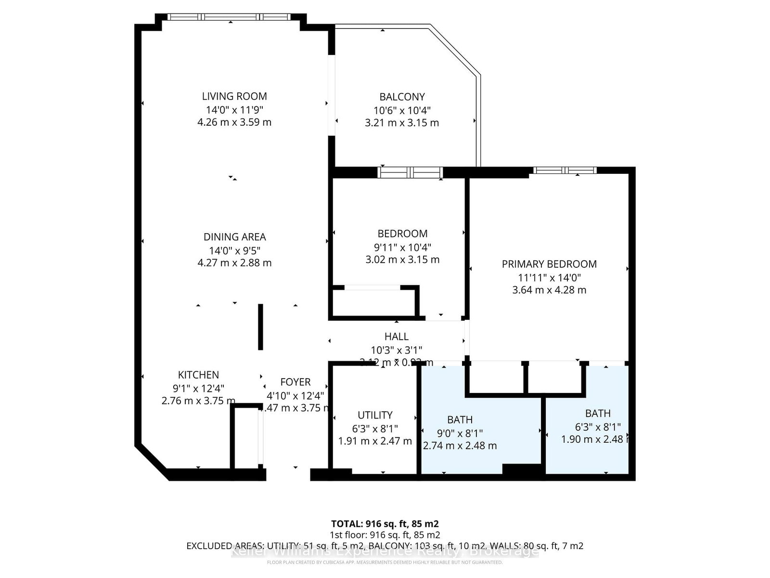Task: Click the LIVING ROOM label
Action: click(x=234, y=96)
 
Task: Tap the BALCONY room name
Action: click(x=402, y=97)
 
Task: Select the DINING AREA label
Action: click(x=234, y=237)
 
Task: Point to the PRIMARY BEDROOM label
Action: click(x=549, y=264)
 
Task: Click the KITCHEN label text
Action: click(x=198, y=375)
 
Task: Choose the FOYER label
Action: click(x=295, y=382)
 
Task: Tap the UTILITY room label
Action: click(x=375, y=415)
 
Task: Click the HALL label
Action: click(x=397, y=337)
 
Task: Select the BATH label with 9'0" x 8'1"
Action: click(x=460, y=420)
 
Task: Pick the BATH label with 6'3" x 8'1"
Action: click(x=598, y=413)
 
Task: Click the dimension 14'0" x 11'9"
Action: click(x=234, y=109)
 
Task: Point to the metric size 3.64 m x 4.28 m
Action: click(x=549, y=290)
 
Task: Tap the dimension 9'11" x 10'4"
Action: click(x=402, y=247)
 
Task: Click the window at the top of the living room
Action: click(x=230, y=17)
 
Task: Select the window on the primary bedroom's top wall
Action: click(x=565, y=170)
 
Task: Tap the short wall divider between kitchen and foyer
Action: click(x=260, y=327)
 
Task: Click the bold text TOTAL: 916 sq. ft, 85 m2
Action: click(x=385, y=524)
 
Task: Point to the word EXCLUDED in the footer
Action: click(x=208, y=546)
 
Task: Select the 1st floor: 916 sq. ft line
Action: click(x=385, y=535)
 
